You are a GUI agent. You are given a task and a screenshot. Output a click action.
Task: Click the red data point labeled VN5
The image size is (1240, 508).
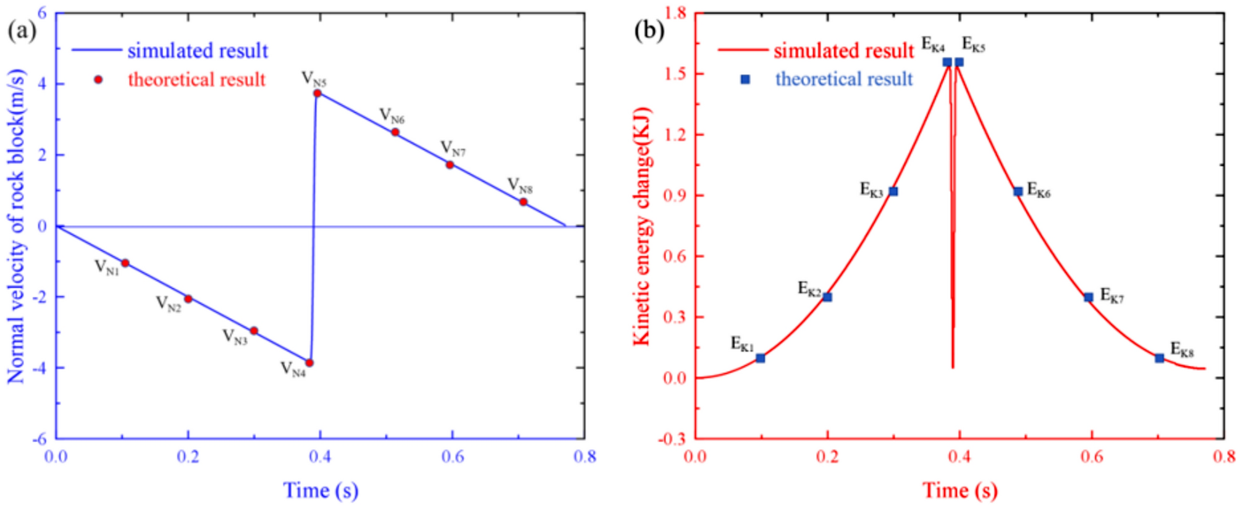(317, 93)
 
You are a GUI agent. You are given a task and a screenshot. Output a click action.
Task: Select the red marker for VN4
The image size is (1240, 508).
(310, 363)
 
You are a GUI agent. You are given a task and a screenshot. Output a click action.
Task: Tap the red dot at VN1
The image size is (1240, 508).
(125, 263)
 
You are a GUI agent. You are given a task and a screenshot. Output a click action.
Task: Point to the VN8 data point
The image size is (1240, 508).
(523, 202)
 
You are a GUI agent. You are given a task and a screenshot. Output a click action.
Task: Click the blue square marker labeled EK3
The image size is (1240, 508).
(893, 192)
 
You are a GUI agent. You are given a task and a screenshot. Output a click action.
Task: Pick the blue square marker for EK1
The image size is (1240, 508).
(761, 358)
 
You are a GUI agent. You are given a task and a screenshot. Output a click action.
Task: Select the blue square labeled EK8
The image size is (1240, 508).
(1160, 358)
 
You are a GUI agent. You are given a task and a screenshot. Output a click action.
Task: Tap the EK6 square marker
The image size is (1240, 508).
(1018, 192)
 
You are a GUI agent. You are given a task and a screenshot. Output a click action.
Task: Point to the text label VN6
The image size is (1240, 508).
(392, 116)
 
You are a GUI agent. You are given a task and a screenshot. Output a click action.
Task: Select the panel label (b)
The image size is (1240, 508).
(649, 30)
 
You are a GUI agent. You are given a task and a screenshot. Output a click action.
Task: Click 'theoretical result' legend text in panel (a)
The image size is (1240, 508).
(196, 80)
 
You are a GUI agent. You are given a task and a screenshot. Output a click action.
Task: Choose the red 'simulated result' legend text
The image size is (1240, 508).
(843, 51)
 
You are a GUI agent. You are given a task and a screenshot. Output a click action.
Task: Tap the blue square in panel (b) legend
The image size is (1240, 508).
(745, 80)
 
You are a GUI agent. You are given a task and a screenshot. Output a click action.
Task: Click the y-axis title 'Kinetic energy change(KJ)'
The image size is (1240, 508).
(642, 226)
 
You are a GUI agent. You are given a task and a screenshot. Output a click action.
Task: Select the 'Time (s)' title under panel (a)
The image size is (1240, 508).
(321, 490)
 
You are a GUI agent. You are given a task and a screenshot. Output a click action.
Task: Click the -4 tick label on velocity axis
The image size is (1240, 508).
(40, 368)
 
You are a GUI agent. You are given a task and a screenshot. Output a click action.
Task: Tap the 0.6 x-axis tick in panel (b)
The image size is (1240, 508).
(1092, 457)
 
